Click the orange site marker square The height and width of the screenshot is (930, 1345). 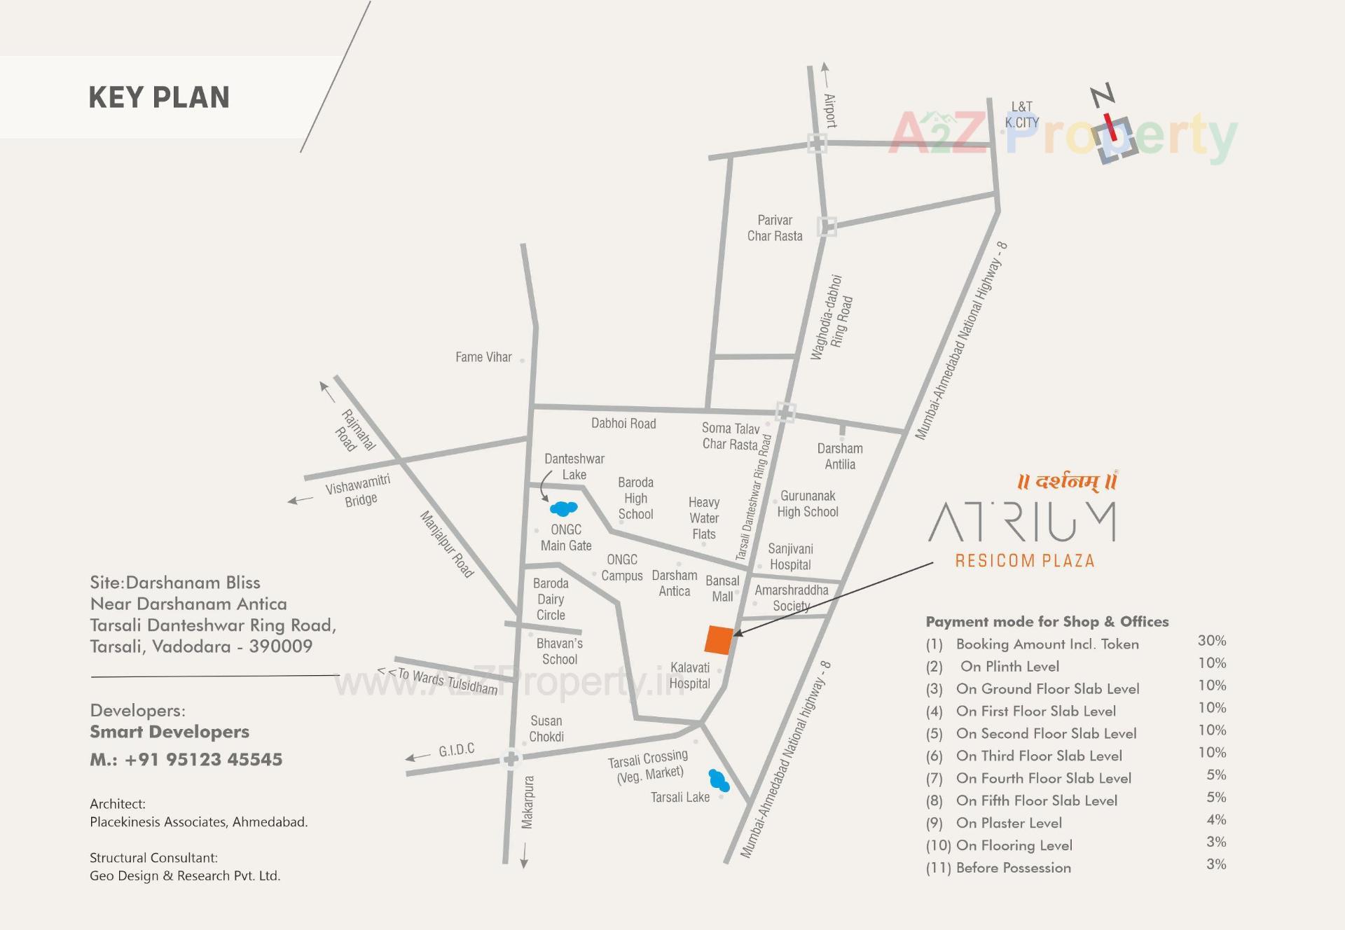point(719,640)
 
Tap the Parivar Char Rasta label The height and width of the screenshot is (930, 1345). point(775,228)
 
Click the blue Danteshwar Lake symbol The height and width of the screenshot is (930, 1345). point(564,508)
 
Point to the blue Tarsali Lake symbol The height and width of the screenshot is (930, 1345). point(719,781)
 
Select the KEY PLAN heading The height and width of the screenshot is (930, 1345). point(159,97)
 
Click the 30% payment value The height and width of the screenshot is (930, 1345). point(1211,641)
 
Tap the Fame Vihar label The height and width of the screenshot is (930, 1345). point(483,357)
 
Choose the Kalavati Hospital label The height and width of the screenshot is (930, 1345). point(690,676)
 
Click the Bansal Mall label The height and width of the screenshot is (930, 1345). point(722,589)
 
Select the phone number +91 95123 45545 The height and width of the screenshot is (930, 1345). point(203,760)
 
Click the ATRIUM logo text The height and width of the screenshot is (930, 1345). point(1023,522)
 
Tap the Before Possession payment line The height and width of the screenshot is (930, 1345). point(1013,868)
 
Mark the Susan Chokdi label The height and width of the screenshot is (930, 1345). point(546,728)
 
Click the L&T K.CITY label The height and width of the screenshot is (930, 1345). point(1022,115)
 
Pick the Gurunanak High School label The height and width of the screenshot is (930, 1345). point(808,504)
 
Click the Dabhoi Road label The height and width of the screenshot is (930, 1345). point(623,424)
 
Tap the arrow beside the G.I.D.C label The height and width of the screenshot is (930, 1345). point(418,757)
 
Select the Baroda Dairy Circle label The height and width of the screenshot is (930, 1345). point(551,599)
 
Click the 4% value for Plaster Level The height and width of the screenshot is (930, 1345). point(1216,819)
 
